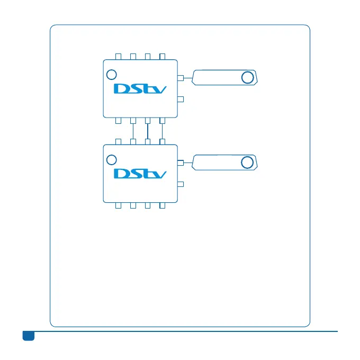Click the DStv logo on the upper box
coord(140,88)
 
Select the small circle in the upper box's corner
coord(111,75)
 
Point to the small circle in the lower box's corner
coord(111,160)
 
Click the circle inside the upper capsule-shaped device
coord(247,78)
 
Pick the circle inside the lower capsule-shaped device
coord(247,163)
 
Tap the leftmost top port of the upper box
coord(119,56)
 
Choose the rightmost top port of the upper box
coord(163,56)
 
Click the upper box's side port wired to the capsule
coord(180,78)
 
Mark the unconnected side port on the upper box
coord(180,99)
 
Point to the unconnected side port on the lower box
coord(180,184)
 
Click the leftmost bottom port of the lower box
coord(119,205)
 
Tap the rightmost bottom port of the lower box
coord(163,205)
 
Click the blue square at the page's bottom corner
coord(28,336)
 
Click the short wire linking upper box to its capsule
coord(187,78)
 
